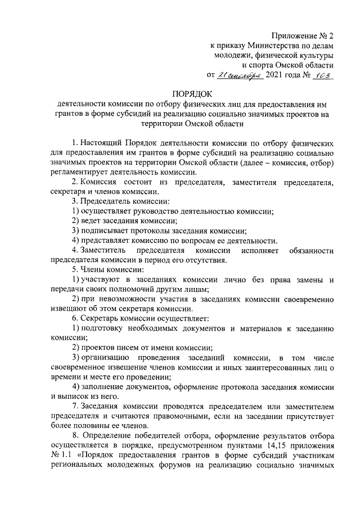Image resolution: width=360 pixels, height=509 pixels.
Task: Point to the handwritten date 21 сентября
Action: [x=240, y=75]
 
